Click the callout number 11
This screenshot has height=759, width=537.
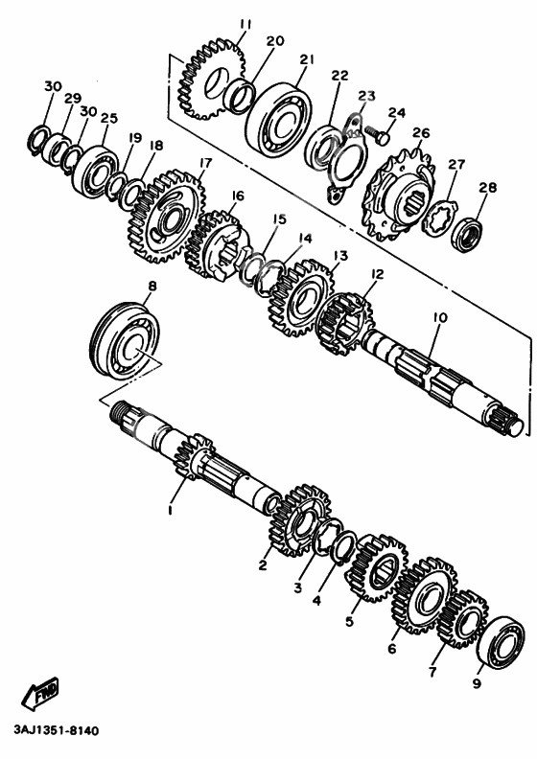point(245,24)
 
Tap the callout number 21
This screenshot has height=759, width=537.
point(307,59)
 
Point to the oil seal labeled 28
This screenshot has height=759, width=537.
point(467,236)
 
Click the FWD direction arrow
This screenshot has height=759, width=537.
point(40,693)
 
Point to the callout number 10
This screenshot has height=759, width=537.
point(440,318)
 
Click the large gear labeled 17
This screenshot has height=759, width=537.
point(166,217)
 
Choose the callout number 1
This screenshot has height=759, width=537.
point(171,510)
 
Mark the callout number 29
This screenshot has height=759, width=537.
point(73,99)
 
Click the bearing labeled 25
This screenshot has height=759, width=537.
point(95,169)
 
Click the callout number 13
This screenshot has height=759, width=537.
point(340,256)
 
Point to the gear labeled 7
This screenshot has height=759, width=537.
point(462,619)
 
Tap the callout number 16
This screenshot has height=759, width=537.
point(237,195)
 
